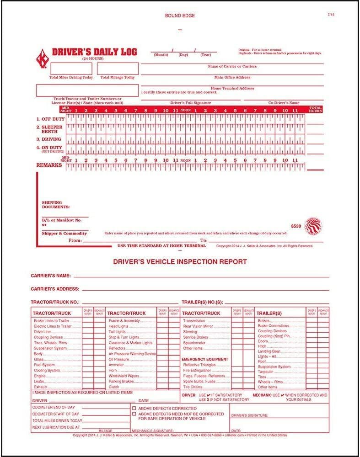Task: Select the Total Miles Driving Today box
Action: (71, 69)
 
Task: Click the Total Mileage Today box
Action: (117, 69)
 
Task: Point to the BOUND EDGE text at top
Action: (179, 16)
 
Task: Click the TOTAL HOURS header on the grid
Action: (316, 110)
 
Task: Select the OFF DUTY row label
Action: (50, 119)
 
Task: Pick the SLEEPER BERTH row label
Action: (50, 129)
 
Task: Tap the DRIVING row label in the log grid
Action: (50, 139)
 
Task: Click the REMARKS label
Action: (49, 165)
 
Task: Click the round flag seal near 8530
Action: (313, 225)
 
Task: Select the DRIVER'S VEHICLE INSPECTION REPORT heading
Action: (179, 262)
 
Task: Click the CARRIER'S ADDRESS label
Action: (55, 289)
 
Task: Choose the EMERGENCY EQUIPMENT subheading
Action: (205, 359)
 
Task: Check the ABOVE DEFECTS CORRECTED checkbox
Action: (134, 408)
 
